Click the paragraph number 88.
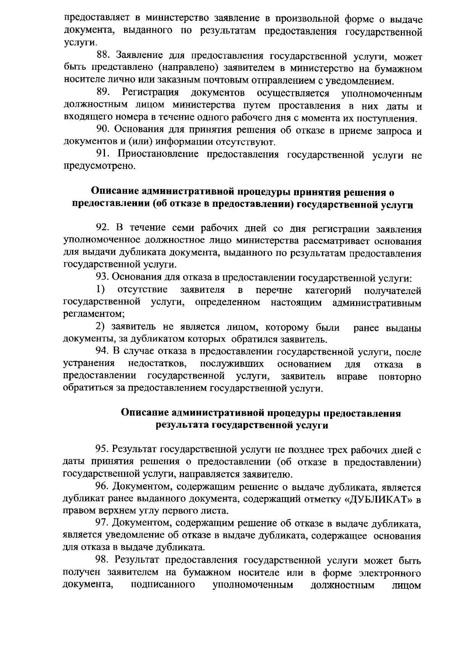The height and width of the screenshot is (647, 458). pos(102,56)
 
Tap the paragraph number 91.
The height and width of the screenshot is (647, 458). pos(102,155)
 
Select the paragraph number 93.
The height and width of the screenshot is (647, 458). pos(102,278)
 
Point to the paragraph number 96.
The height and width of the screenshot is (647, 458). pos(102,487)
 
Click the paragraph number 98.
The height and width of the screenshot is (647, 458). pos(102,561)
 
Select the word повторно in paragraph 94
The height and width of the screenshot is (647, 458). pos(400,377)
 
